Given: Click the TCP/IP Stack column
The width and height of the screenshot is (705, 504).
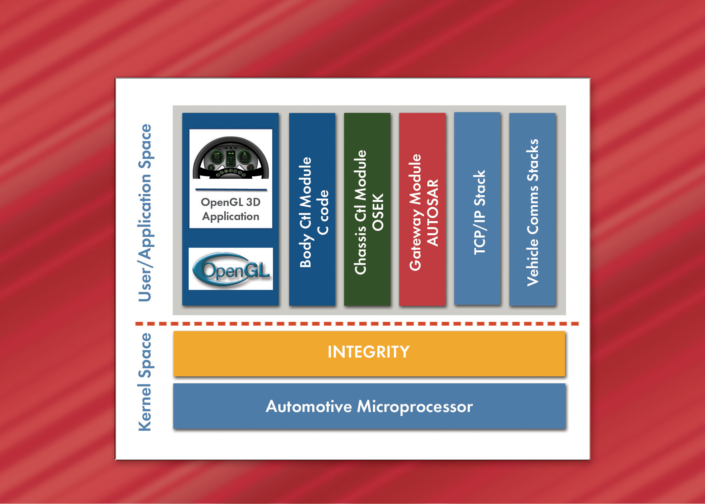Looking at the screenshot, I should coord(477,209).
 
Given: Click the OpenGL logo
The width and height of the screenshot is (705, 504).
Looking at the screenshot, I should coord(231,269).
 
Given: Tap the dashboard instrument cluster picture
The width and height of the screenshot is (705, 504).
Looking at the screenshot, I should coord(231,158).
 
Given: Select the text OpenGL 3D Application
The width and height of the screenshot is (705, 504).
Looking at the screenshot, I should coord(231,209).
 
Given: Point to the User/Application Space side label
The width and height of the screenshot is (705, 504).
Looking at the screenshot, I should coord(145,212).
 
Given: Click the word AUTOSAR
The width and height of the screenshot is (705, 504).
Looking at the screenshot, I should coord(432,212).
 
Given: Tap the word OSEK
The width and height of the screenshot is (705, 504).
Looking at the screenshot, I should coord(378,212).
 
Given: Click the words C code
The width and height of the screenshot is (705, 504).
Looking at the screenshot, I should coord(323,212).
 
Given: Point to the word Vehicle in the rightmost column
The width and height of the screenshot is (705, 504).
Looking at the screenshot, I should coord(532,262).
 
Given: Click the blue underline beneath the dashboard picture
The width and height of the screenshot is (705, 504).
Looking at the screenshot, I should coord(231,190).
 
